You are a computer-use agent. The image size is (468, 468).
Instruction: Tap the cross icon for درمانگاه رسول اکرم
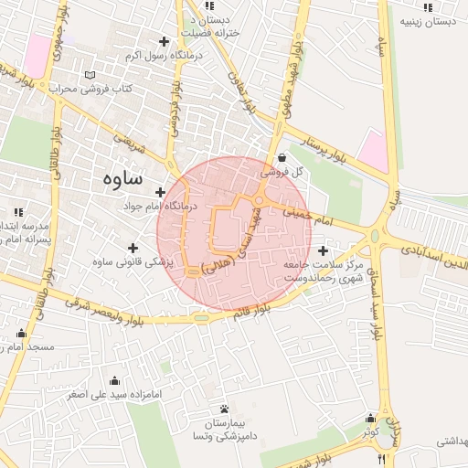click(165, 41)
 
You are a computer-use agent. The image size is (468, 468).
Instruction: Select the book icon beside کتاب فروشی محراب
click(89, 74)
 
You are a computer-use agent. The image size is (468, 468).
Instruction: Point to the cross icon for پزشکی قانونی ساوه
click(133, 248)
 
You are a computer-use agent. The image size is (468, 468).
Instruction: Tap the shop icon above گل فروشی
click(281, 156)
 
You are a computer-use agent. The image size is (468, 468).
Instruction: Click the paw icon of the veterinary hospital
click(225, 409)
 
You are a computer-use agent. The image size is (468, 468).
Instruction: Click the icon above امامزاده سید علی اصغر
click(114, 380)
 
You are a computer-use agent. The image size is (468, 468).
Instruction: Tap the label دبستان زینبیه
click(428, 20)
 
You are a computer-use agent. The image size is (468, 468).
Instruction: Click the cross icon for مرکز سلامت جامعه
click(322, 250)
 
